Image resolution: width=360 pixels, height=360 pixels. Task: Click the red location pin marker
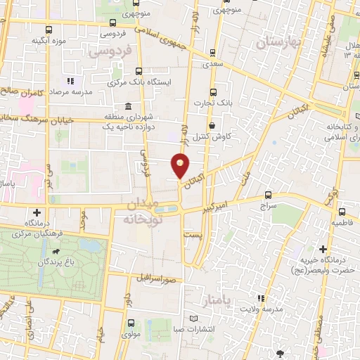click(x=181, y=166)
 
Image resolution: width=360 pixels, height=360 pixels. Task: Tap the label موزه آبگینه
click(x=49, y=41)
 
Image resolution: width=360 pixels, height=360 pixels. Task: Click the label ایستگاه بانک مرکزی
click(x=139, y=82)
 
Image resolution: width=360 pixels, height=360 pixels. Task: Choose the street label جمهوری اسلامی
click(x=179, y=38)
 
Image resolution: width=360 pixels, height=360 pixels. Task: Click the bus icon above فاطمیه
click(x=342, y=212)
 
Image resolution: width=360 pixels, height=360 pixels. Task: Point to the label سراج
click(x=269, y=207)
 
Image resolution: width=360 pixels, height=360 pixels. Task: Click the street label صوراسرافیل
click(x=162, y=278)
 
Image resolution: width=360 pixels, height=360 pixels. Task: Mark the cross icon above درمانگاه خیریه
click(x=323, y=249)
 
